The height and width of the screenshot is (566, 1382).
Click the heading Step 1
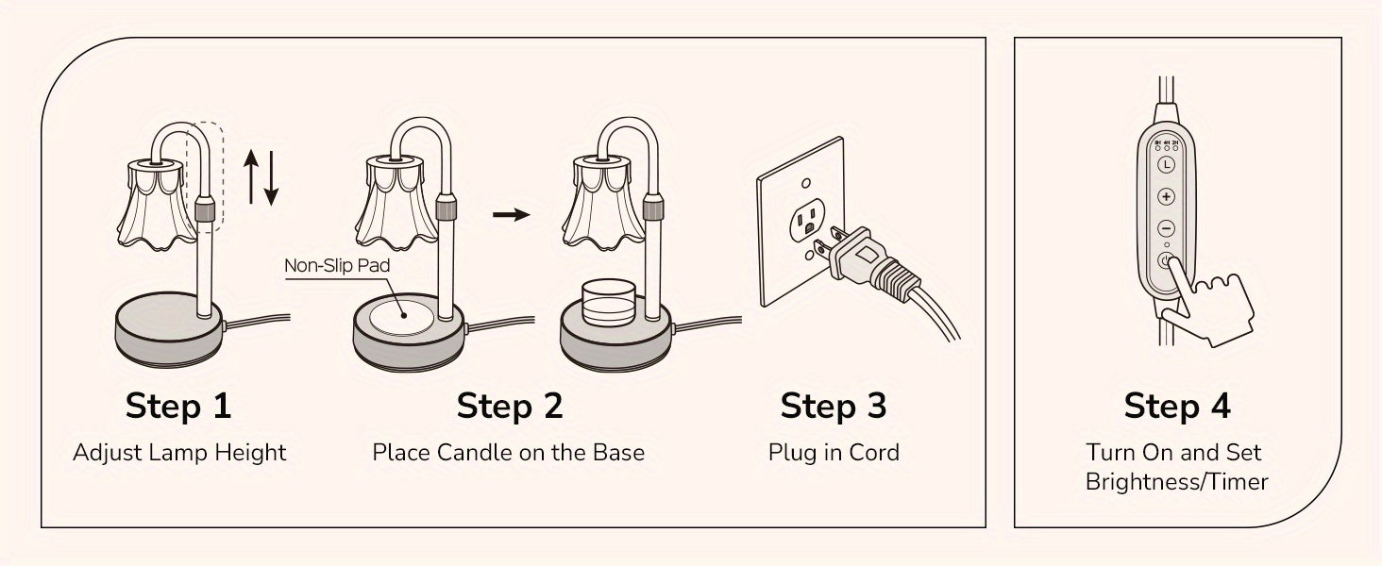click(x=177, y=406)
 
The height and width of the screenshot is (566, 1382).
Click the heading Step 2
click(x=509, y=406)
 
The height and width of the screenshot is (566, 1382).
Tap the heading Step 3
click(x=833, y=406)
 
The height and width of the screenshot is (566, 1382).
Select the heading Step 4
click(x=1176, y=406)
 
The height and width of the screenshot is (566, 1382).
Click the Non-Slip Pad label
click(x=337, y=266)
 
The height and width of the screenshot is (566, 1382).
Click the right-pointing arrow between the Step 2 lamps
click(x=511, y=215)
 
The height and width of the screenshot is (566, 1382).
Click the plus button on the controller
click(x=1166, y=197)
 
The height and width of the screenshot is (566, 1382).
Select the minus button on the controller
click(x=1166, y=228)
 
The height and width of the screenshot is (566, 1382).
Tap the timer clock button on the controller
click(x=1166, y=164)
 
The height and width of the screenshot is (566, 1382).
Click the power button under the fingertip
click(x=1166, y=260)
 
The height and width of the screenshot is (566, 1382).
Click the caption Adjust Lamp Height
click(x=179, y=453)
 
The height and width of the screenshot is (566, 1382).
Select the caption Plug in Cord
click(x=833, y=453)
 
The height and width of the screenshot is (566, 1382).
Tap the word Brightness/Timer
click(x=1176, y=482)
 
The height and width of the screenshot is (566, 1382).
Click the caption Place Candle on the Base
click(x=508, y=453)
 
